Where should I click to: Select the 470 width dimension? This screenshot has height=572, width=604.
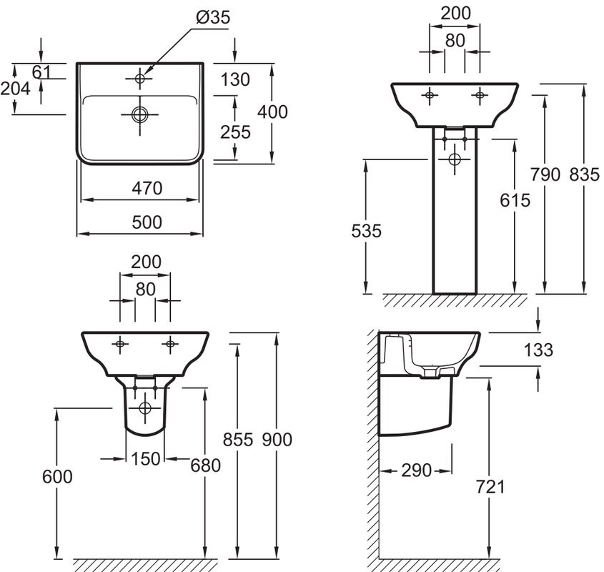click(147, 188)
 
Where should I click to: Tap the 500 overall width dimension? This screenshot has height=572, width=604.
click(147, 222)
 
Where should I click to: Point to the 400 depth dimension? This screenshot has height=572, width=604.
click(273, 112)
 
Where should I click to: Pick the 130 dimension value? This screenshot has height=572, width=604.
click(236, 79)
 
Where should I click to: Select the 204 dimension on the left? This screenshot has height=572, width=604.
click(15, 88)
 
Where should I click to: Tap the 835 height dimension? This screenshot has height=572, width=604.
click(584, 174)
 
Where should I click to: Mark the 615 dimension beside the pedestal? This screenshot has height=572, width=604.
click(515, 200)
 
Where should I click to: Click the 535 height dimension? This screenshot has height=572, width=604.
click(366, 230)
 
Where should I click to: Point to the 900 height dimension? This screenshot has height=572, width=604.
click(277, 439)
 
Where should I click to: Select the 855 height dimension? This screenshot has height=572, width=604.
click(237, 439)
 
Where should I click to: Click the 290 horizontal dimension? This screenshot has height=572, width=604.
click(416, 470)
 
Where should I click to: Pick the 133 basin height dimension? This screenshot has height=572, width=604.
click(538, 350)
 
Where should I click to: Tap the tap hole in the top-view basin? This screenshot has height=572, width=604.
click(139, 77)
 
